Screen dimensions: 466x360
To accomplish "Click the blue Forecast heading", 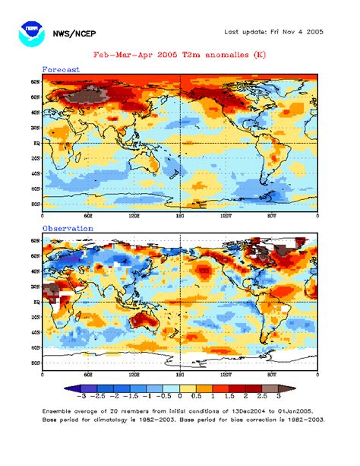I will pos(60,69).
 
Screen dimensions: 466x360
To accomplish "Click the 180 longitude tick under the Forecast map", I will pos(180,216).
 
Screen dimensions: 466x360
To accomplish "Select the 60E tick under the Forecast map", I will pos(88,216).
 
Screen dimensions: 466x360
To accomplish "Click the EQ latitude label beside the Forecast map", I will pos(35,142).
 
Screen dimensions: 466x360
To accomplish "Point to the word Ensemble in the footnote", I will pos(58,410).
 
